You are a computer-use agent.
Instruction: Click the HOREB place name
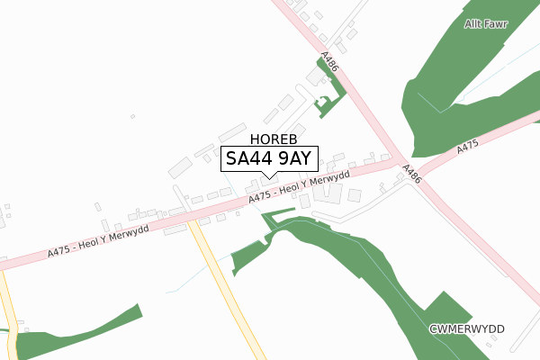coord(268,139)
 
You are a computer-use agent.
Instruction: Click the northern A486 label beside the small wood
coord(330,62)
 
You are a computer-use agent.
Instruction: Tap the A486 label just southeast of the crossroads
coord(411,173)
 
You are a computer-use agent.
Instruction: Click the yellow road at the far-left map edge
coord(9,306)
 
